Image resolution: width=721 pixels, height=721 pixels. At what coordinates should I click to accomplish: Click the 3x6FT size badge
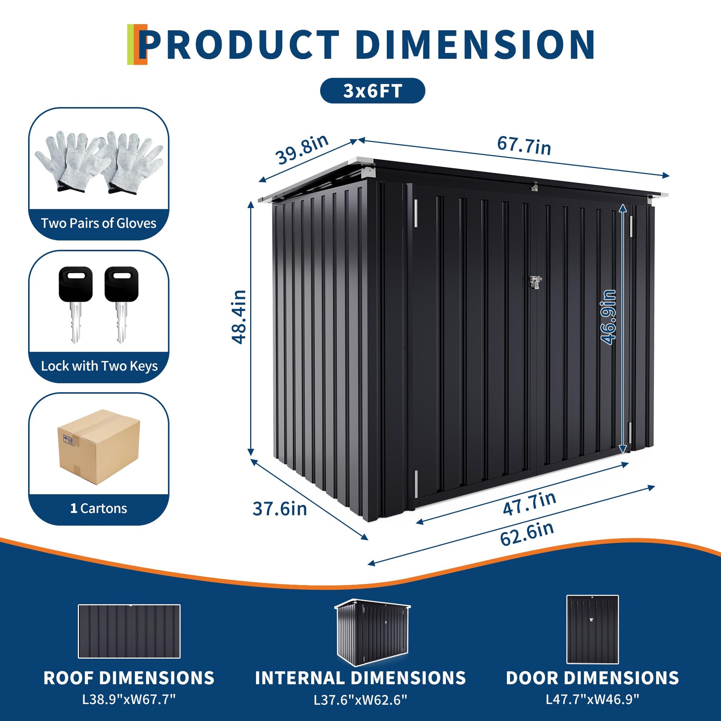[x=372, y=91]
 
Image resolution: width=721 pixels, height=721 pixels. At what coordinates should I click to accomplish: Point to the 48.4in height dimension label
[x=239, y=316]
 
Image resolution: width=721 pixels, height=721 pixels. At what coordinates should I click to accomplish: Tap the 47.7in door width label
[x=529, y=504]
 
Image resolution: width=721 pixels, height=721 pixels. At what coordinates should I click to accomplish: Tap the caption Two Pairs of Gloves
[x=99, y=223]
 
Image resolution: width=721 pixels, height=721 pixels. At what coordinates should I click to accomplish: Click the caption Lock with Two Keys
[x=99, y=366]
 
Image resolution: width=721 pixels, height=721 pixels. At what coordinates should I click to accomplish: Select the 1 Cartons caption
[x=99, y=508]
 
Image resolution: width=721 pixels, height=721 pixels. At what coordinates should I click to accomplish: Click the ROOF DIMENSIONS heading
[x=129, y=678]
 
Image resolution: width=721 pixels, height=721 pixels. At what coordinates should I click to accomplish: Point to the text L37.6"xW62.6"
[x=360, y=700]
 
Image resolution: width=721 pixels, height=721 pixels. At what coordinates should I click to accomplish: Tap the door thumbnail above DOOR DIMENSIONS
[x=592, y=629]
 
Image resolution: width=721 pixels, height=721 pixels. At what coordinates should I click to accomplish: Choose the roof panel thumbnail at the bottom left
[x=129, y=631]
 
